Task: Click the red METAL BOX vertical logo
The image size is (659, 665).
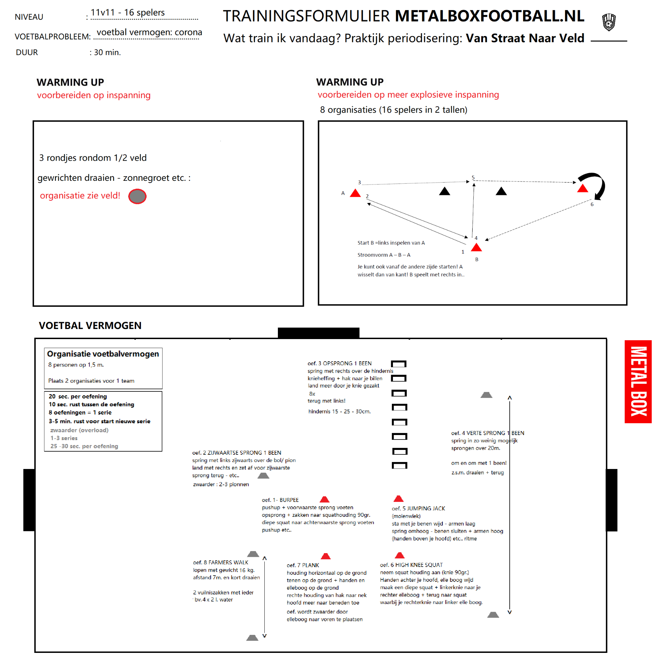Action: tap(638, 381)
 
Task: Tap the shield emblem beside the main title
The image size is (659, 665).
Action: tap(609, 22)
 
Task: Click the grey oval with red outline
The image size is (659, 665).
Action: tap(137, 196)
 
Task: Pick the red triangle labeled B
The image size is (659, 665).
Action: tap(476, 248)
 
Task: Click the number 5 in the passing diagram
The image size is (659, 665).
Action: tap(473, 178)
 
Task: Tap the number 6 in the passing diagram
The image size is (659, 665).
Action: tap(592, 204)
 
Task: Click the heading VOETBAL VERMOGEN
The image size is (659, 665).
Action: tap(90, 326)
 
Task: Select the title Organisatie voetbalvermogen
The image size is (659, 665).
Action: tap(103, 354)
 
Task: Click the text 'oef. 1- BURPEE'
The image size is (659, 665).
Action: tap(280, 500)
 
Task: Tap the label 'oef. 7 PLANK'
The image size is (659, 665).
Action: tap(302, 565)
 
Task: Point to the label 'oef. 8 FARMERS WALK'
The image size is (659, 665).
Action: tap(220, 562)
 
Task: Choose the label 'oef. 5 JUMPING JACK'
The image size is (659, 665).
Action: tap(418, 508)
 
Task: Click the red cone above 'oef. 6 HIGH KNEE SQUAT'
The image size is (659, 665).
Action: tap(400, 556)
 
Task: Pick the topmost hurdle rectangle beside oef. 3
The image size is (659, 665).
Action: tap(398, 364)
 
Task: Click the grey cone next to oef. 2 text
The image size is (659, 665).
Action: tap(263, 476)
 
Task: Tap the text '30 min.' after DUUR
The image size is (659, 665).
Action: tap(107, 53)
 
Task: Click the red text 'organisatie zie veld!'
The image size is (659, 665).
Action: tap(80, 196)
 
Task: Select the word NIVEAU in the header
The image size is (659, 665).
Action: tap(29, 17)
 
